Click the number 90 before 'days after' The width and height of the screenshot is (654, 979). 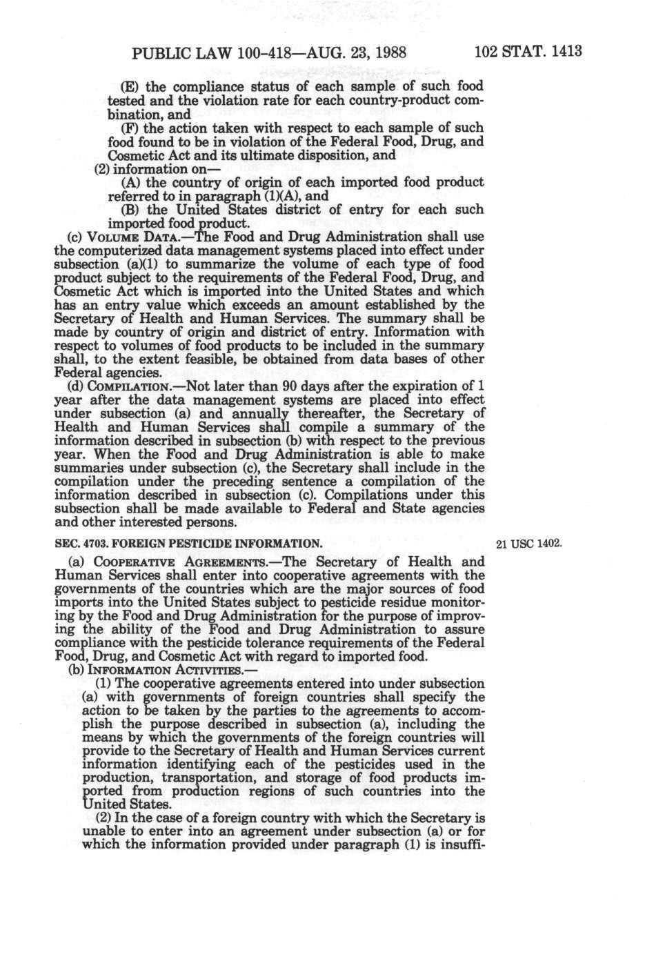point(292,386)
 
